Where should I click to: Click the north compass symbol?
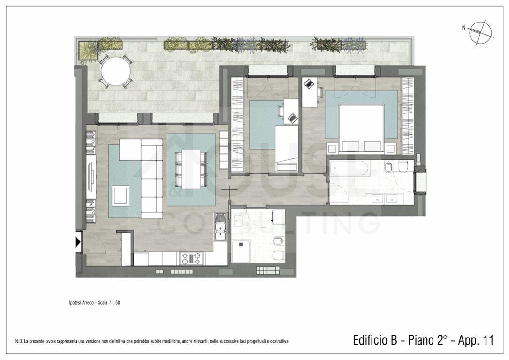coord(481,33)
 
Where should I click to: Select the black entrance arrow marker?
coord(78,241)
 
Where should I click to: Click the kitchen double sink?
coord(220,227)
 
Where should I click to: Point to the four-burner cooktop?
coord(190,259)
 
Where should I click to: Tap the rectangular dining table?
coord(191,169)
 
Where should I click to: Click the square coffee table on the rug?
coord(121,195)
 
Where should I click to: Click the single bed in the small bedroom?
coord(287,148)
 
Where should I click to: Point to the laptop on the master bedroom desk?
coord(308,83)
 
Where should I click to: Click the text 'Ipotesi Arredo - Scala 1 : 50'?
coord(94,303)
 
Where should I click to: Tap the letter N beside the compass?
coord(464,28)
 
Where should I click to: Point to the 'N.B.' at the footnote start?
coord(19,341)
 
